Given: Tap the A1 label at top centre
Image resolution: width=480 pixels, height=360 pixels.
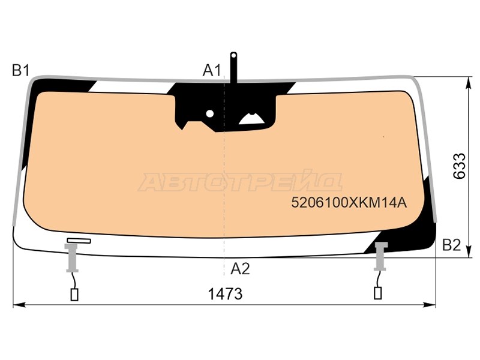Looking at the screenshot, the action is click(212, 70).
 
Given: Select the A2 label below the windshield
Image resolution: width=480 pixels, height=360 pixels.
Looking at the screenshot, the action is click(241, 269).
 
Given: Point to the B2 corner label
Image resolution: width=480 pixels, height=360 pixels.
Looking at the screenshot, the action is click(452, 245).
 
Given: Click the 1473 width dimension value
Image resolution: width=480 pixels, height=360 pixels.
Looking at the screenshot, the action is click(225, 294).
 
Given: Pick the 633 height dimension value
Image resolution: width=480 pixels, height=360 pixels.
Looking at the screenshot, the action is click(459, 166).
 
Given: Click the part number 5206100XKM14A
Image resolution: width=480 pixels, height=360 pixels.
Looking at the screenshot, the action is click(349, 202).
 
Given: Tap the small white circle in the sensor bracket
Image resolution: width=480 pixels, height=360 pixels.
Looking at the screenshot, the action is click(209, 113).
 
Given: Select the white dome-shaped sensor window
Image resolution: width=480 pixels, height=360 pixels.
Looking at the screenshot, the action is click(251, 118).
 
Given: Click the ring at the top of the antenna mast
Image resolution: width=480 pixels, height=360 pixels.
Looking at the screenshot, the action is click(233, 55).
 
